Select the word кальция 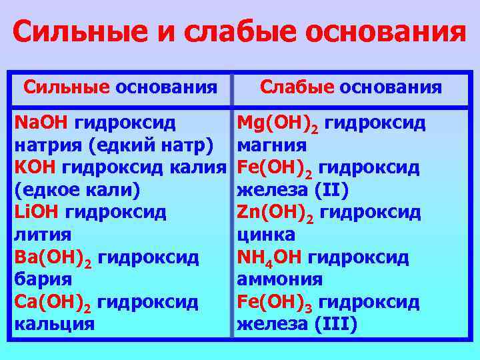click(54, 324)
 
